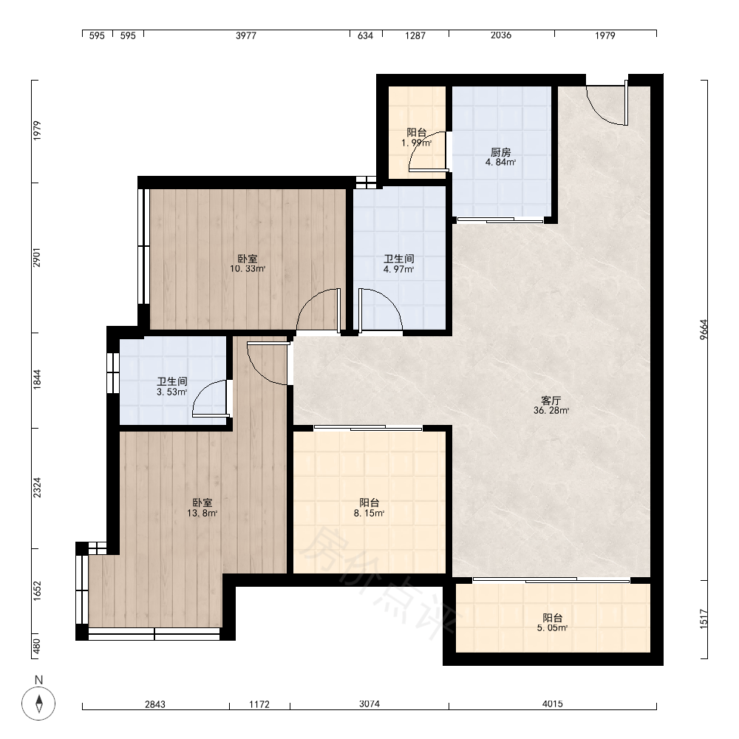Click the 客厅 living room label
coord(551,401)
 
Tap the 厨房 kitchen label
coord(500,152)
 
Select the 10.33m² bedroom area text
coord(248,269)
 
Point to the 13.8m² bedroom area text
coord(202,514)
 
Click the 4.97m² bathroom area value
coord(399,270)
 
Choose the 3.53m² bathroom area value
coord(172,392)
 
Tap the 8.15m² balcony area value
coord(369,514)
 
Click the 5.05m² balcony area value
coord(552,627)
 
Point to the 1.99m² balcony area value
coord(417,143)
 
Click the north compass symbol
coord(38,704)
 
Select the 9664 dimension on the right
coord(704,330)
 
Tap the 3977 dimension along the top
coord(246,35)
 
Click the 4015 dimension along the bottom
coord(552,704)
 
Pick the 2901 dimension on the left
coord(37,257)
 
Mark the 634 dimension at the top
coord(365,35)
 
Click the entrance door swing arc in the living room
coord(601,113)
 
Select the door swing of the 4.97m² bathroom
coord(387,302)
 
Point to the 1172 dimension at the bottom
coord(259,704)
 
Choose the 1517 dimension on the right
coord(704,619)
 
